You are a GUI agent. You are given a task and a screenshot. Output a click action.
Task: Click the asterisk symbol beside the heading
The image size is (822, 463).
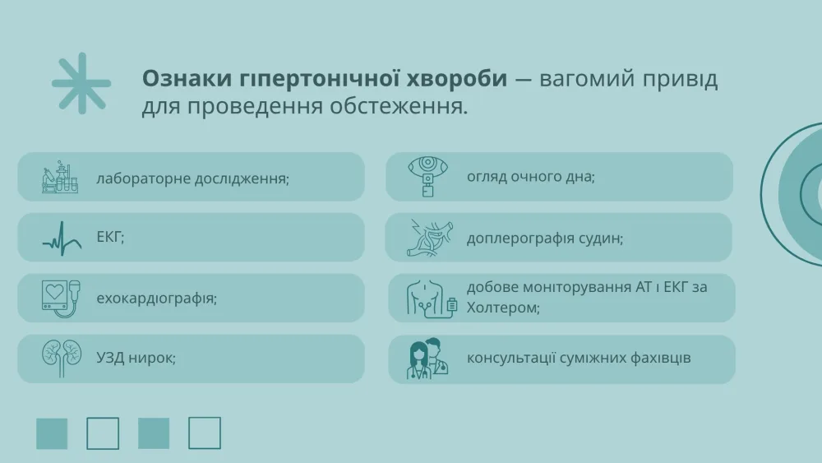coord(81,83)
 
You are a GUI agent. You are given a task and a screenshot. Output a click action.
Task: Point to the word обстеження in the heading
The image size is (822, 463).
coord(399,106)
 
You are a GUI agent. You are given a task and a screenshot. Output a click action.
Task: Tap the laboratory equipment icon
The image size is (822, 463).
coord(60,177)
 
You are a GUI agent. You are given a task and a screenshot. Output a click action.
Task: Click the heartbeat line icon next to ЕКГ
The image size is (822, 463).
coord(62,238)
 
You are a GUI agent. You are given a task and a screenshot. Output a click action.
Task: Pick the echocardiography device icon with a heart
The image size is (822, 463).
coord(62,299)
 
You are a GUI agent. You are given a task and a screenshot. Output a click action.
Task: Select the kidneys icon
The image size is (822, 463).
coord(62,358)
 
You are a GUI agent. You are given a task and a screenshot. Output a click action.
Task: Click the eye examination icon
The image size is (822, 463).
coord(427,177)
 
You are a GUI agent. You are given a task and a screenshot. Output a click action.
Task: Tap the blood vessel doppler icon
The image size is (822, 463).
coord(429,238)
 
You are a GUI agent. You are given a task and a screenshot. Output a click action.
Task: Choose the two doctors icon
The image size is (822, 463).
coord(427,359)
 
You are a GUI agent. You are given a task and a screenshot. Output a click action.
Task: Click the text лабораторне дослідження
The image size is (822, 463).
coord(192,178)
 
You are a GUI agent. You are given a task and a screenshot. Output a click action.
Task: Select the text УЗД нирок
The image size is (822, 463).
coord(136,358)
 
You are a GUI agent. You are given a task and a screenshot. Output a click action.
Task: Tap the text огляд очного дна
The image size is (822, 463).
coord(530,177)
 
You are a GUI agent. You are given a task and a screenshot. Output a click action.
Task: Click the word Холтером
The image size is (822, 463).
coord(503,308)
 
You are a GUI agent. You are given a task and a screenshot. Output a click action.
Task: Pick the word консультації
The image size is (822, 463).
coord(511,358)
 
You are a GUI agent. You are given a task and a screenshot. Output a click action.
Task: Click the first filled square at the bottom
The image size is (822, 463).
coord(52,433)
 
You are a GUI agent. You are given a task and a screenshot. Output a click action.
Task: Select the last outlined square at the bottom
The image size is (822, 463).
coord(205,433)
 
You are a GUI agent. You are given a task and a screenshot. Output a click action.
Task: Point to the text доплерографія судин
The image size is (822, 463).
coord(545,238)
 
